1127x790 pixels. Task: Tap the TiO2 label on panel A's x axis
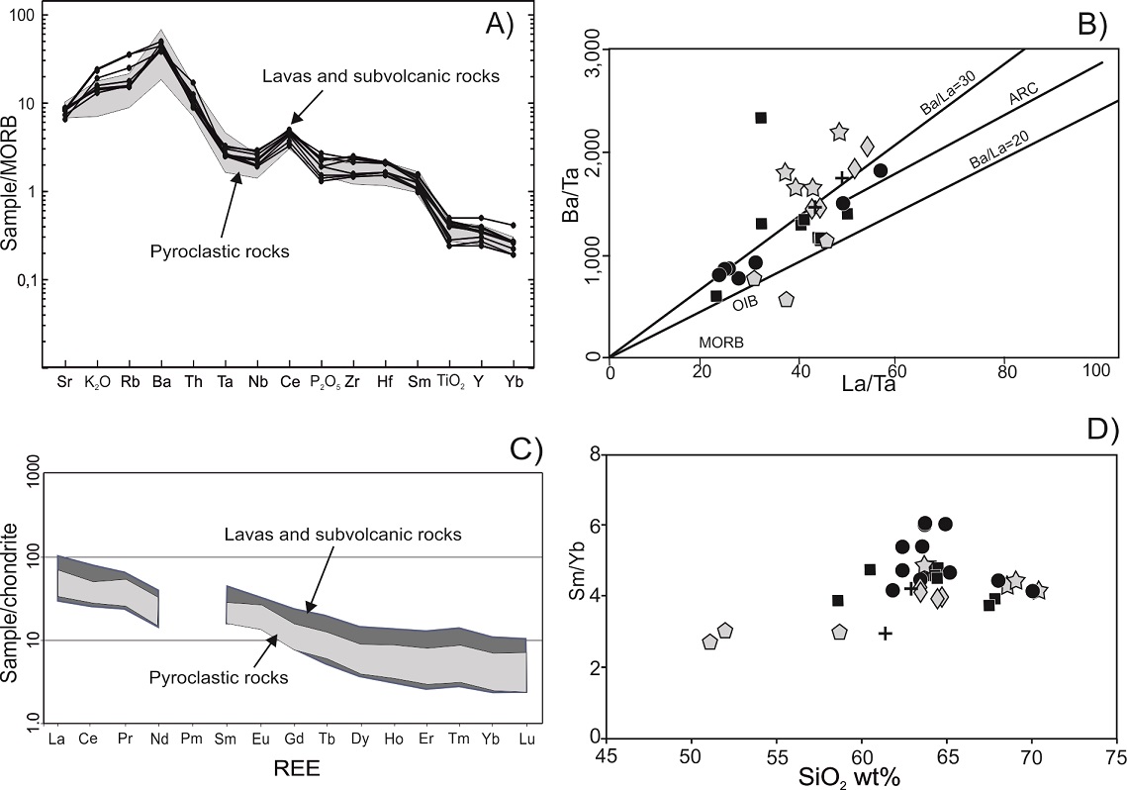point(451,377)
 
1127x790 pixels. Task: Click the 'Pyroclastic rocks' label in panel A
point(221,251)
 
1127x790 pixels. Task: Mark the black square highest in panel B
point(761,118)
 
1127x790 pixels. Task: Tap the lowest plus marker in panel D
point(885,633)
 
